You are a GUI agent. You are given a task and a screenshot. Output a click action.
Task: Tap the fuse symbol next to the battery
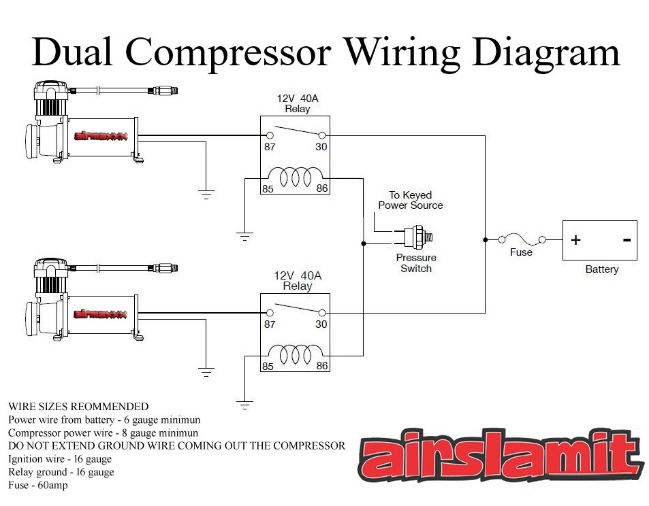click(x=522, y=239)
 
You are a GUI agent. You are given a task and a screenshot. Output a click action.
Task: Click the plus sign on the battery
click(x=575, y=240)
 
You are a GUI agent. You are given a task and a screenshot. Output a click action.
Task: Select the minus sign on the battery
click(x=626, y=240)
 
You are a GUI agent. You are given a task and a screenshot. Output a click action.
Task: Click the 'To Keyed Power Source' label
click(x=411, y=200)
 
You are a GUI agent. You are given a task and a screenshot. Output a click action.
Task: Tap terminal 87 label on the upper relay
click(x=270, y=147)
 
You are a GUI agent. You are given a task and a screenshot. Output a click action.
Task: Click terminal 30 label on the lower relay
click(x=321, y=324)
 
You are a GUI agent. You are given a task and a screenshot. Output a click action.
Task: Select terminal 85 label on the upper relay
click(x=268, y=188)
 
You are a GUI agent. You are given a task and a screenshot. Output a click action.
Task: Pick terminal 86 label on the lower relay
click(x=322, y=366)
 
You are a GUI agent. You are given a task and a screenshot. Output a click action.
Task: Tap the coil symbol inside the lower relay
click(x=295, y=354)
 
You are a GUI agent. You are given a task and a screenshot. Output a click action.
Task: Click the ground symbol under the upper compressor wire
click(x=206, y=194)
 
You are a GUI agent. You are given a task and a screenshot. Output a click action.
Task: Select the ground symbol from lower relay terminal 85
click(x=244, y=405)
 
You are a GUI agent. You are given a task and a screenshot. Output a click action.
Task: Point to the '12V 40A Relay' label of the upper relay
click(x=297, y=103)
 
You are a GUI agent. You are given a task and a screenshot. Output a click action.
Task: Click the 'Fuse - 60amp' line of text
click(x=38, y=485)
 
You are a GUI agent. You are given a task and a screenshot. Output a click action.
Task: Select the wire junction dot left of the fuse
click(x=485, y=239)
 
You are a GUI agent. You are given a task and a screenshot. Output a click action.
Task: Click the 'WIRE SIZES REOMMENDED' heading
click(x=78, y=407)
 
